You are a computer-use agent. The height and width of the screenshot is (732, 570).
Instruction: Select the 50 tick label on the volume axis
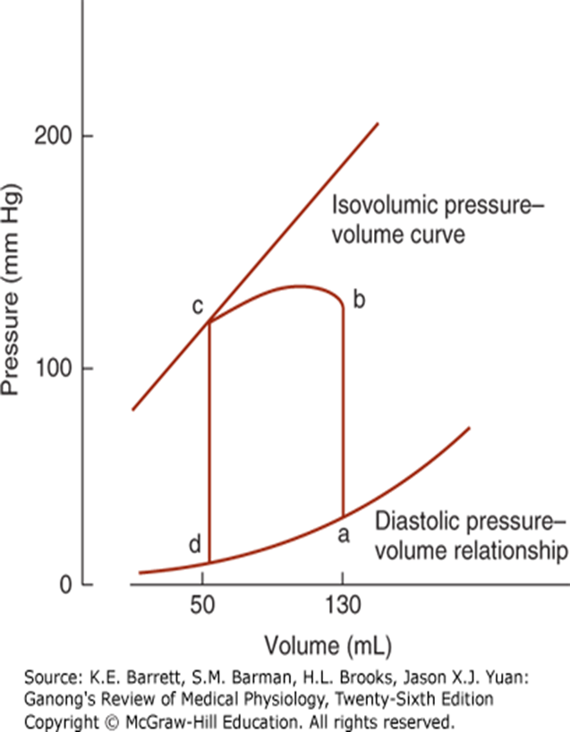click(x=208, y=606)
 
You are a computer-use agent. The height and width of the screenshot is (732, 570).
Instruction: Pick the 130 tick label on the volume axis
click(x=344, y=606)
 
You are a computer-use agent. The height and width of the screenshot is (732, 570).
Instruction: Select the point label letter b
click(x=360, y=300)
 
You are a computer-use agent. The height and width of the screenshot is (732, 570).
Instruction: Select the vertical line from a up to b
click(x=343, y=412)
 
